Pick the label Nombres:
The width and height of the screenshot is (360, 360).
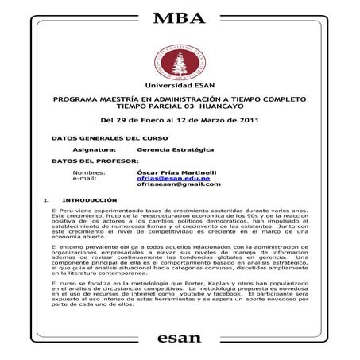click(89, 172)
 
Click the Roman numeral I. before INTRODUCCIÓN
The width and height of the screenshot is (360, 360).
click(48, 200)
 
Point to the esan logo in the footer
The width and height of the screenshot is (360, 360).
click(180, 339)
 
